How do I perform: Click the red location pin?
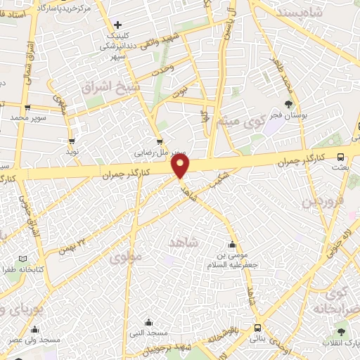181,166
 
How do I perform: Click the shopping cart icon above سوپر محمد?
27,108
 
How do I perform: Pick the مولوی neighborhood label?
126,257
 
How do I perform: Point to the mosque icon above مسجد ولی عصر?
34,329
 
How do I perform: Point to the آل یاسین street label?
226,29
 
